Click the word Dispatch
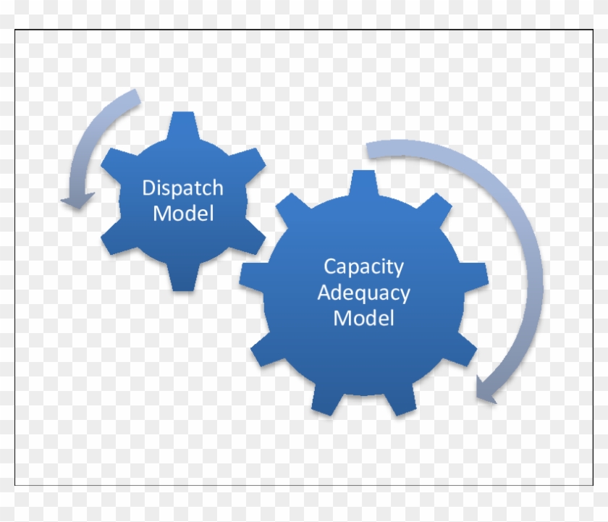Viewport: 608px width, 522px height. click(182, 189)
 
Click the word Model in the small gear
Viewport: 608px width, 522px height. click(183, 214)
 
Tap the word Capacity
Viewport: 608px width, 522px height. click(363, 268)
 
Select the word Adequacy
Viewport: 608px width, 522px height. click(363, 293)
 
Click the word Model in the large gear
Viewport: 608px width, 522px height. click(363, 318)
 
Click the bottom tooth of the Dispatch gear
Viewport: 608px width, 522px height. click(183, 278)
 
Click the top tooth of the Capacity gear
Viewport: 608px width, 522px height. click(363, 183)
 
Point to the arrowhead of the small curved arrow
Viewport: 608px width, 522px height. click(78, 200)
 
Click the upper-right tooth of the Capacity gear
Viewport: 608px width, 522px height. click(435, 205)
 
